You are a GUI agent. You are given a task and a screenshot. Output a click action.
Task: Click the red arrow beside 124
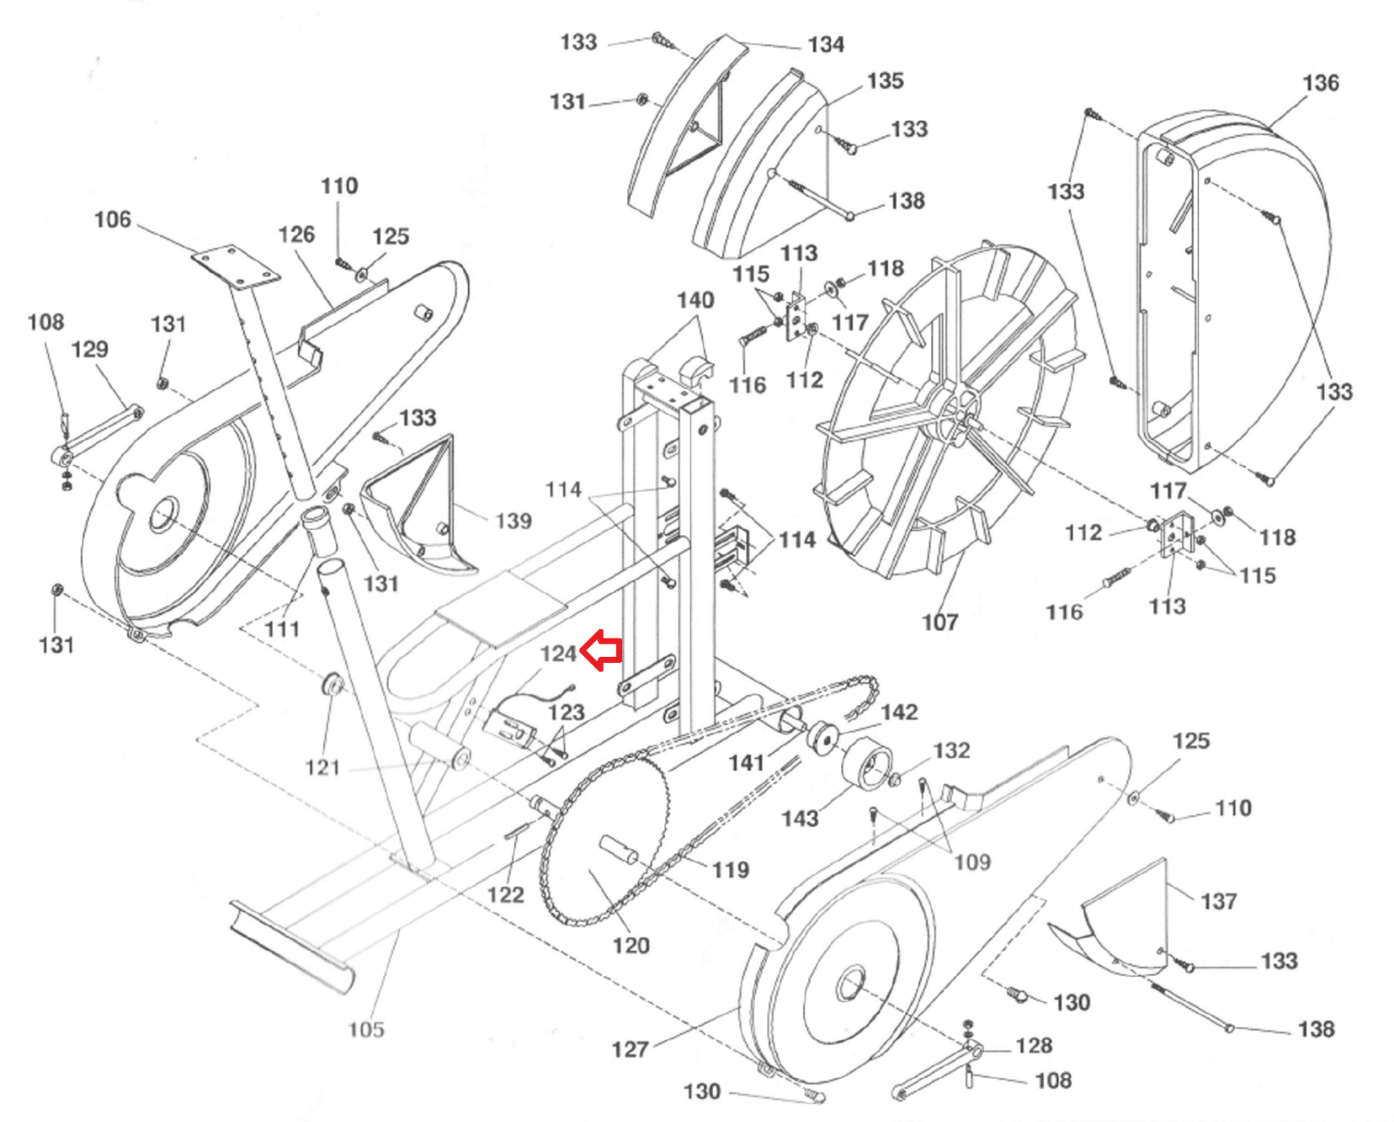(x=601, y=650)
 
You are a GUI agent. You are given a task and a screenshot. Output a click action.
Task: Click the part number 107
(x=940, y=623)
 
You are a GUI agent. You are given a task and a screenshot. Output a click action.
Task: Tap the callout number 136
(x=1321, y=83)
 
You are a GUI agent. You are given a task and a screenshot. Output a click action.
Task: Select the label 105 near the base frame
(x=367, y=1030)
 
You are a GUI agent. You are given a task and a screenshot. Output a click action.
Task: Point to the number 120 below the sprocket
(x=631, y=946)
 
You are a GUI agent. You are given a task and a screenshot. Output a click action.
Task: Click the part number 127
(x=630, y=1050)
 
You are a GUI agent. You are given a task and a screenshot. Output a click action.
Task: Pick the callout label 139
(x=513, y=521)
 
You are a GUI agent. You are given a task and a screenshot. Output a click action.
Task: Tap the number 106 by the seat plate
(x=112, y=220)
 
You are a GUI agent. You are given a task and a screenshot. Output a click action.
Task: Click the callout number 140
(x=696, y=300)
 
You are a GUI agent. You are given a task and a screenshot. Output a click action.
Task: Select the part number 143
(x=801, y=819)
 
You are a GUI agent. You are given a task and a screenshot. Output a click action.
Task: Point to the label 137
(x=1219, y=901)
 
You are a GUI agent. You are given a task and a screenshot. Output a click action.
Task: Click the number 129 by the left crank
(x=90, y=350)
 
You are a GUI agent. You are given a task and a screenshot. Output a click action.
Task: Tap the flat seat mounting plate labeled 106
(x=236, y=266)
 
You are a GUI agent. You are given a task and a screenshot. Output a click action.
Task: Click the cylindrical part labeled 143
(x=868, y=767)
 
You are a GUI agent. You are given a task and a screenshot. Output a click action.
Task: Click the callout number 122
(x=505, y=896)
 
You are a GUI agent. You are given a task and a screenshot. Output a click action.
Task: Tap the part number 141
(x=747, y=763)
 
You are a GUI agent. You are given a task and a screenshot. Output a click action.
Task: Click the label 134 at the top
(x=826, y=44)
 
